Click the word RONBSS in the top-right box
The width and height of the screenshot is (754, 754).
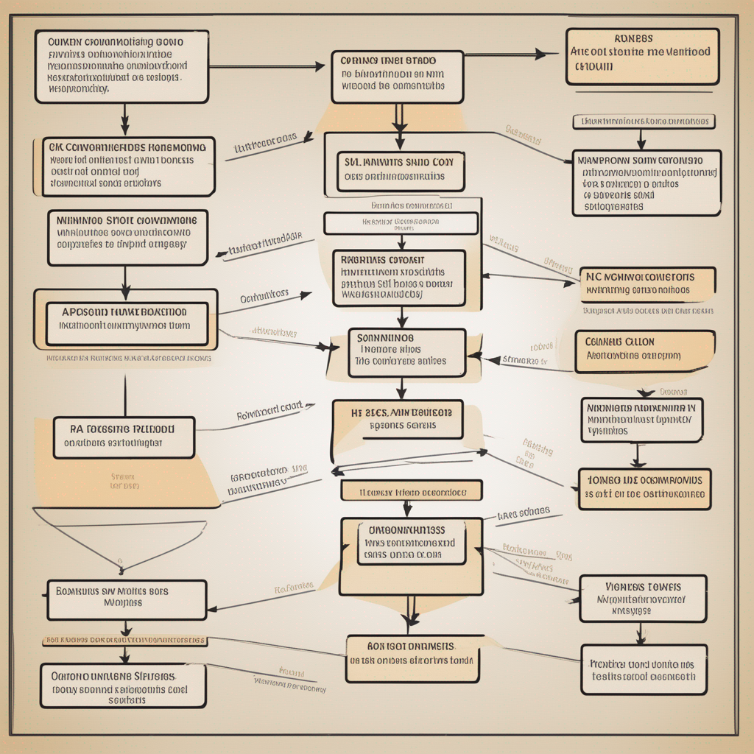(633, 38)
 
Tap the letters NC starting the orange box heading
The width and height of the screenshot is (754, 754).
(593, 277)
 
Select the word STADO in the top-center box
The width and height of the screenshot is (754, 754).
(420, 60)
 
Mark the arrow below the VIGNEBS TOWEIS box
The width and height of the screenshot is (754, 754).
(641, 633)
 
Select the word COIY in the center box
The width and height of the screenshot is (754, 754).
(443, 161)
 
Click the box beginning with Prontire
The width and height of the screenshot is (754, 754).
(644, 669)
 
